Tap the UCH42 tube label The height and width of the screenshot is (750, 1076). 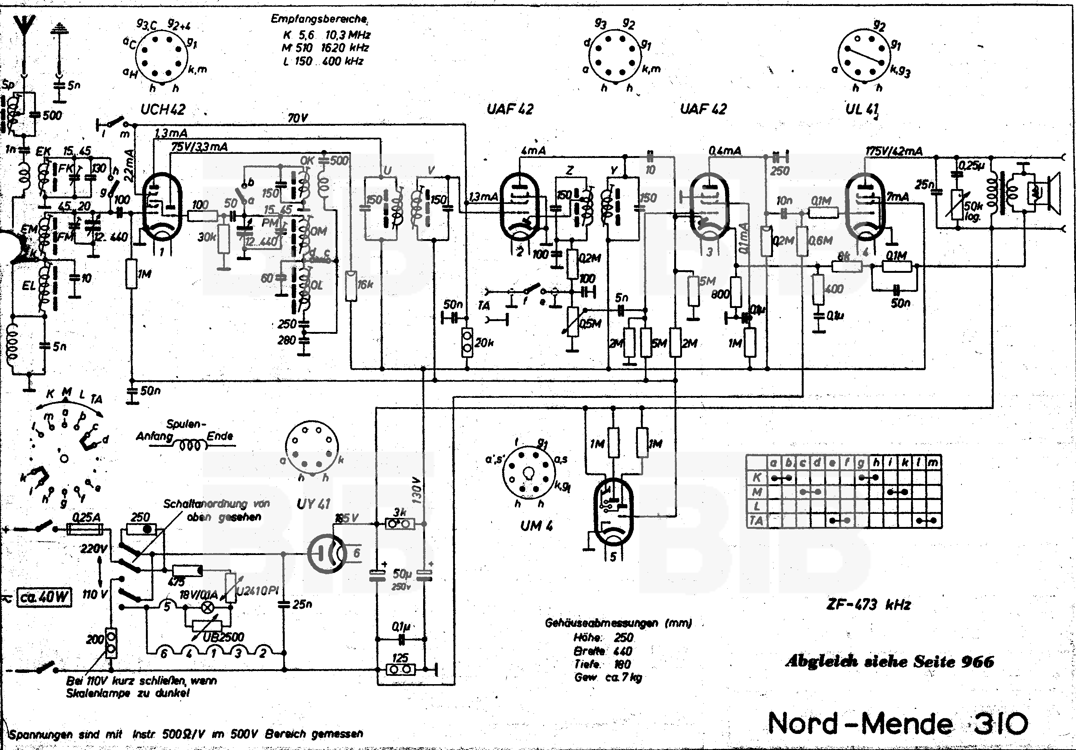163,110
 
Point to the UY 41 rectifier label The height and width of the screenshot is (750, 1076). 313,504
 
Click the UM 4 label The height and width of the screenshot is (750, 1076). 536,526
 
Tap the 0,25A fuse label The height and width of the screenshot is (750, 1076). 86,518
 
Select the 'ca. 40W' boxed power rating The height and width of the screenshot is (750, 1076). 45,598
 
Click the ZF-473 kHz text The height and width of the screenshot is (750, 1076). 868,605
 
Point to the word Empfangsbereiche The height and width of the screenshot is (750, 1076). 319,19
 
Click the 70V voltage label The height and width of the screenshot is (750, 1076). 297,118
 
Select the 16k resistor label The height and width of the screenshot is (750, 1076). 365,284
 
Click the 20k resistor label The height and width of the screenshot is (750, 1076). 484,343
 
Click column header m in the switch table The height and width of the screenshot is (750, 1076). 933,463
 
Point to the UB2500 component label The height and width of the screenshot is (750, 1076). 223,637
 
